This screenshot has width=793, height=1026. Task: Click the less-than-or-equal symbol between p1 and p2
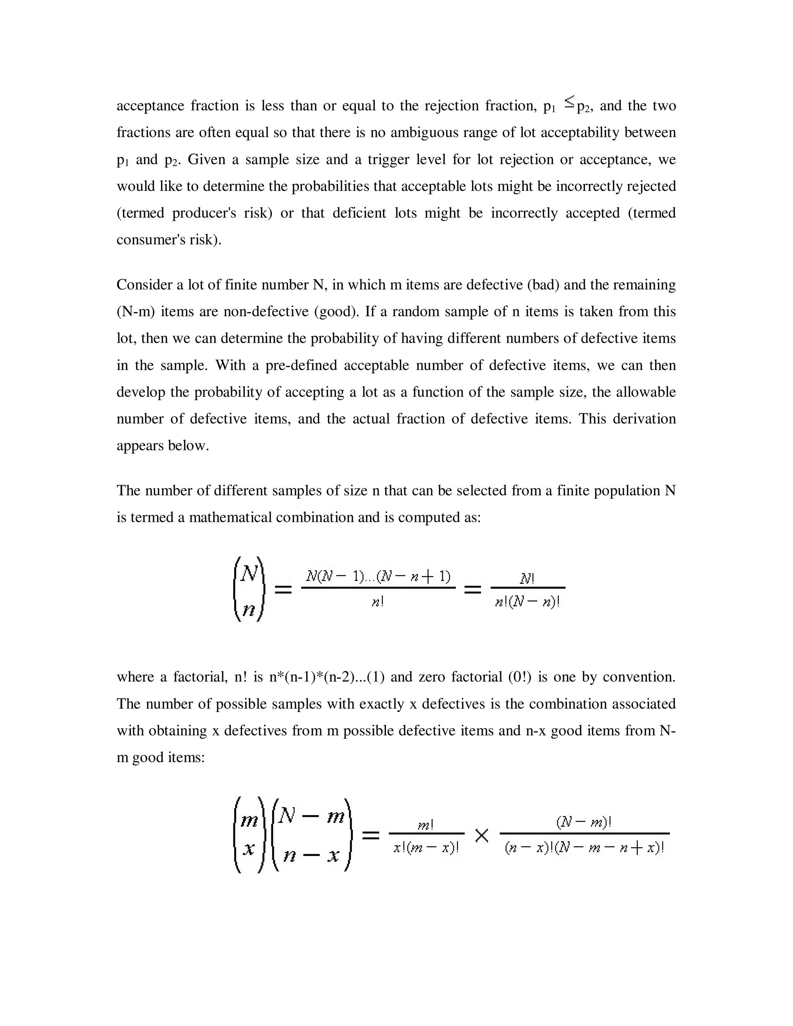[x=569, y=101]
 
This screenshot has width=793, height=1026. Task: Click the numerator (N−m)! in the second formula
[x=584, y=822]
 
